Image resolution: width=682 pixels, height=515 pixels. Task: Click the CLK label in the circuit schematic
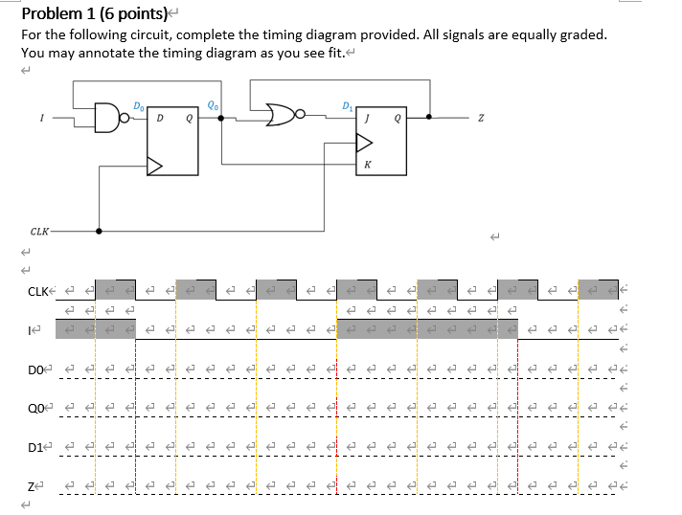pyautogui.click(x=39, y=231)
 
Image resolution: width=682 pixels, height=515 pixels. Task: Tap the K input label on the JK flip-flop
pyautogui.click(x=367, y=165)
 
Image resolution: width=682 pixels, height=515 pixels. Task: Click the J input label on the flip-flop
pyautogui.click(x=366, y=119)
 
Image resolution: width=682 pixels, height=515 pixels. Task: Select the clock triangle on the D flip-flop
pyautogui.click(x=154, y=167)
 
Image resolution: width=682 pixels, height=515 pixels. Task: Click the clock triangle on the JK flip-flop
pyautogui.click(x=365, y=143)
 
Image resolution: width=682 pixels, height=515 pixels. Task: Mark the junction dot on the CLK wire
pyautogui.click(x=99, y=231)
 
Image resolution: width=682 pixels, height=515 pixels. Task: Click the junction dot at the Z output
pyautogui.click(x=429, y=118)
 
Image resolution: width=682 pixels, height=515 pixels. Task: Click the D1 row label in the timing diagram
pyautogui.click(x=35, y=447)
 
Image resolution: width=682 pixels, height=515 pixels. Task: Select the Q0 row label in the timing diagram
pyautogui.click(x=35, y=408)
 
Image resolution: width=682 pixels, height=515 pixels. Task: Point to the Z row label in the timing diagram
pyautogui.click(x=31, y=487)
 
